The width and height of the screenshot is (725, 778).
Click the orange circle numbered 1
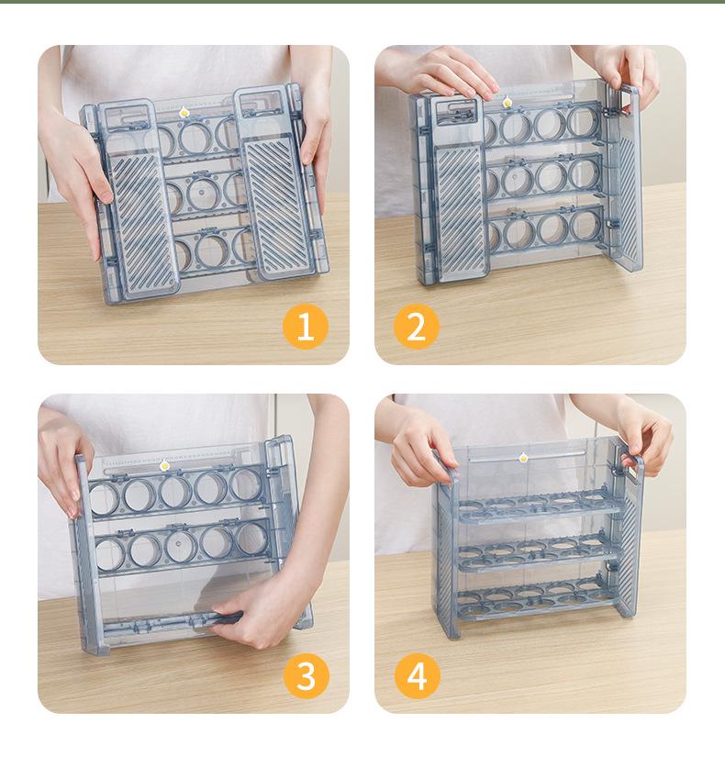(x=306, y=327)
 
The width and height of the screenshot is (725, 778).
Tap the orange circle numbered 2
(x=417, y=327)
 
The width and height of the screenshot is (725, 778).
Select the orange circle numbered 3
(x=306, y=676)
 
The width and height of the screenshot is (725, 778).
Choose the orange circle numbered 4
(x=417, y=676)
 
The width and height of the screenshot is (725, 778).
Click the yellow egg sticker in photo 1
(x=184, y=112)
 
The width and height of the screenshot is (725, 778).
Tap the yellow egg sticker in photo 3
(x=164, y=465)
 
